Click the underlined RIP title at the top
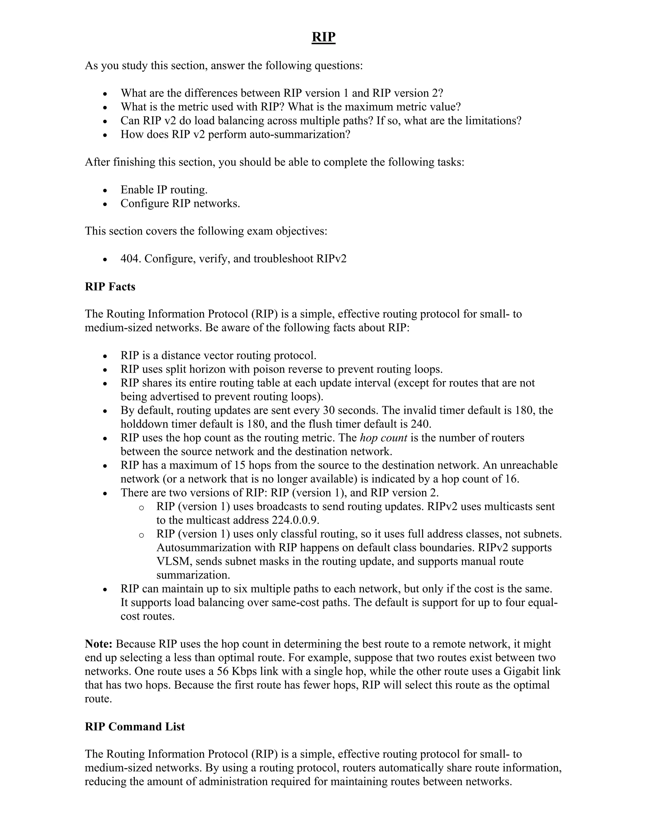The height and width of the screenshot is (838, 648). (x=324, y=37)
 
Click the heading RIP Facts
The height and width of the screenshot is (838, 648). (x=110, y=287)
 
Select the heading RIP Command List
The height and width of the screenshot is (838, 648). (x=135, y=726)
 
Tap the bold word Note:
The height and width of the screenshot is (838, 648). (x=99, y=644)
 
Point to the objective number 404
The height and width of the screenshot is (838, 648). (x=131, y=259)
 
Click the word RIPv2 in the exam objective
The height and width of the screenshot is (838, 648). (x=331, y=259)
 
